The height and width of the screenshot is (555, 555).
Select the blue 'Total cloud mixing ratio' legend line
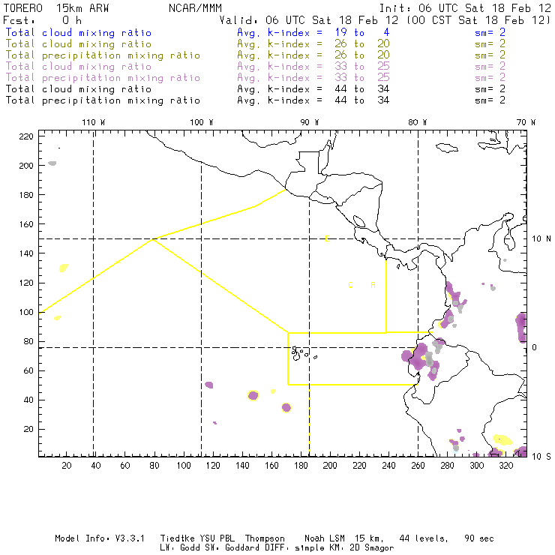79,33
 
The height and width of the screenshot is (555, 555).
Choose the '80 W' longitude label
418,122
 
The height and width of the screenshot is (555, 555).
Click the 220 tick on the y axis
27,136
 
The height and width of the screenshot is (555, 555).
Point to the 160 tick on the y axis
27,224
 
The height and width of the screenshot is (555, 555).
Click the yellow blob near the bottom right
503,439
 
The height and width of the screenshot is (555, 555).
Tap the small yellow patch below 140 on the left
64,267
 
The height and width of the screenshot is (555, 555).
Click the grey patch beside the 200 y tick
52,163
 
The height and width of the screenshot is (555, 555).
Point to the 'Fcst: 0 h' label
43,20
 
